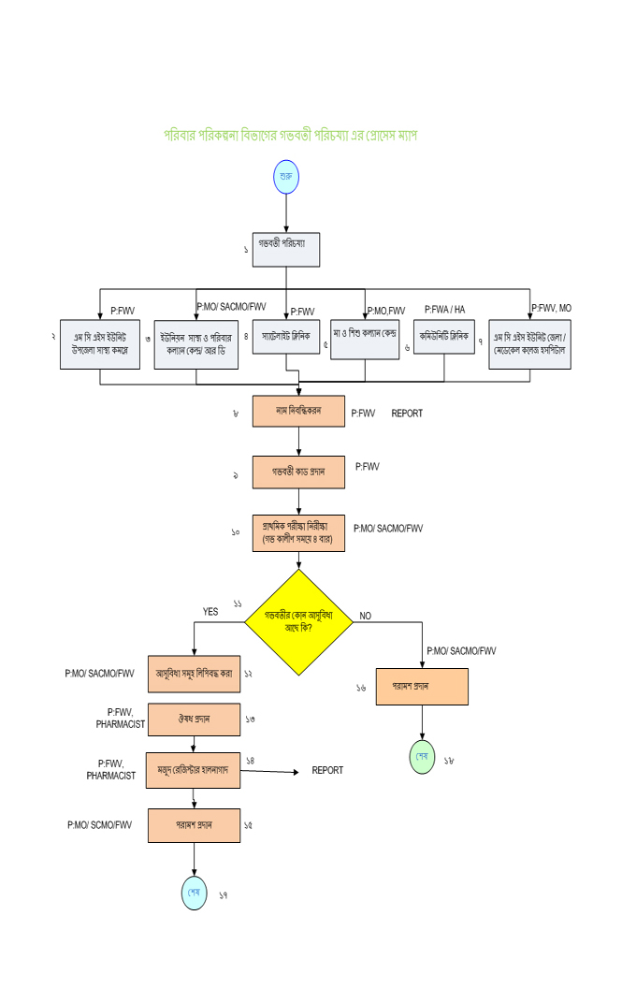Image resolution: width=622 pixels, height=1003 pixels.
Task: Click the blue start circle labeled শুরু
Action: click(x=286, y=177)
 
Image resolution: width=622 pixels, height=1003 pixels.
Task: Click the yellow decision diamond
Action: click(x=298, y=621)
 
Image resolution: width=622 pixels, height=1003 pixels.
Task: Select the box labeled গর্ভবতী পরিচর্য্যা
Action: click(x=286, y=250)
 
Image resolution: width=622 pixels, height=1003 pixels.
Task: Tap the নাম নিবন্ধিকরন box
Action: click(x=298, y=411)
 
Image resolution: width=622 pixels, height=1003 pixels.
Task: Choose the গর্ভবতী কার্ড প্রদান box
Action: click(x=298, y=472)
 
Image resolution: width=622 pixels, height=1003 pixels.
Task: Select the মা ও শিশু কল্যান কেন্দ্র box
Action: click(x=365, y=336)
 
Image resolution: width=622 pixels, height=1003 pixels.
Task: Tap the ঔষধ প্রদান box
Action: click(x=194, y=720)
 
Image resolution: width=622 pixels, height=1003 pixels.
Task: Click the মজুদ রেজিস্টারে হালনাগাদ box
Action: click(x=194, y=770)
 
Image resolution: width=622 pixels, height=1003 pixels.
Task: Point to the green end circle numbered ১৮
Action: click(x=423, y=756)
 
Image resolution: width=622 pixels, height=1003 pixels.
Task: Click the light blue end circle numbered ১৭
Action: click(x=194, y=893)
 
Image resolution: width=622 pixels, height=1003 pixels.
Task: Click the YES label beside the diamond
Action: click(x=210, y=612)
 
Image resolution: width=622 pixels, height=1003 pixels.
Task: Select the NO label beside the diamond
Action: click(x=365, y=616)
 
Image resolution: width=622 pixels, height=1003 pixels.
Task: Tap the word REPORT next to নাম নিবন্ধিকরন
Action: click(x=407, y=413)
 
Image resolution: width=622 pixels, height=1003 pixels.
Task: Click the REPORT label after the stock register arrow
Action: click(x=327, y=770)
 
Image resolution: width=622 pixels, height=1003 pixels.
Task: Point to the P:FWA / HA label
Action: click(x=444, y=309)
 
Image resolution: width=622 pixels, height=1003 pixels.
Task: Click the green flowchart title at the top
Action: click(x=291, y=136)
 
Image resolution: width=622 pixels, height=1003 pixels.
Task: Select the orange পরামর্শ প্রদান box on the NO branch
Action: click(x=423, y=687)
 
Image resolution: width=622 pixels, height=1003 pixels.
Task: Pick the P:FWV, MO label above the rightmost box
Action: click(x=551, y=308)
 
